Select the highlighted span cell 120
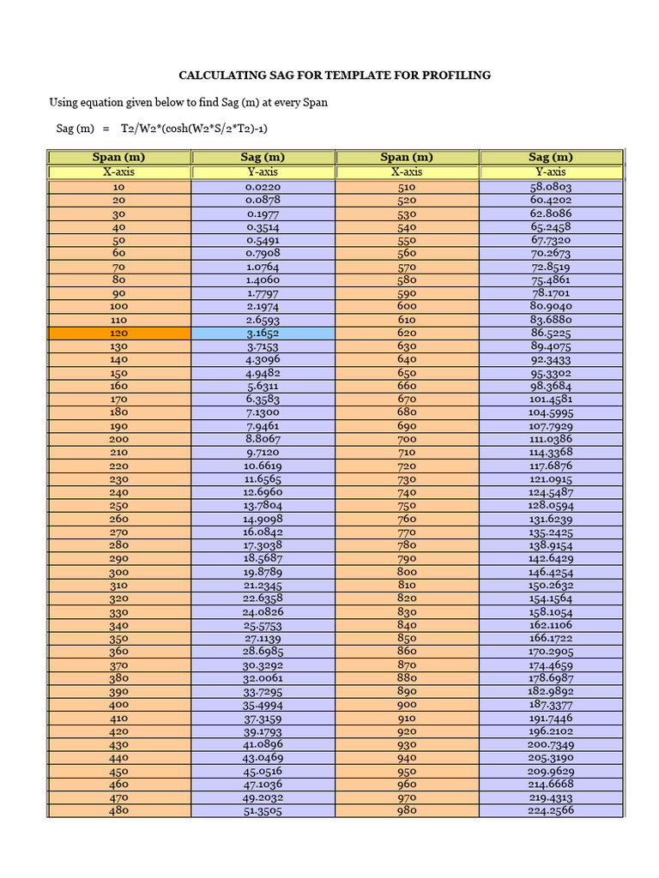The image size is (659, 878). [119, 334]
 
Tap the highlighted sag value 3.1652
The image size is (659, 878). [263, 334]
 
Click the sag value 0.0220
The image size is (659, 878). [263, 187]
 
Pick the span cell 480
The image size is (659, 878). [119, 811]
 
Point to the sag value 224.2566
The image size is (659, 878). [551, 811]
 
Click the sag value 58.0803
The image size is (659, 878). [551, 187]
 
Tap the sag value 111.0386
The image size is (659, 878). [551, 440]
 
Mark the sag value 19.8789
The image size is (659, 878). [263, 573]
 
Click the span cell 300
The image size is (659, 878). [119, 573]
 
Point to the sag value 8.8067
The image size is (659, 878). [263, 440]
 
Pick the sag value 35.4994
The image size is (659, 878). [263, 705]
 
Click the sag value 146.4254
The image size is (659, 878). [551, 573]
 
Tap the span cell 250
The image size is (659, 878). [119, 506]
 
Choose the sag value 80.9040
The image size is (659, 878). [551, 306]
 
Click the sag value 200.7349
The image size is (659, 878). [551, 745]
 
